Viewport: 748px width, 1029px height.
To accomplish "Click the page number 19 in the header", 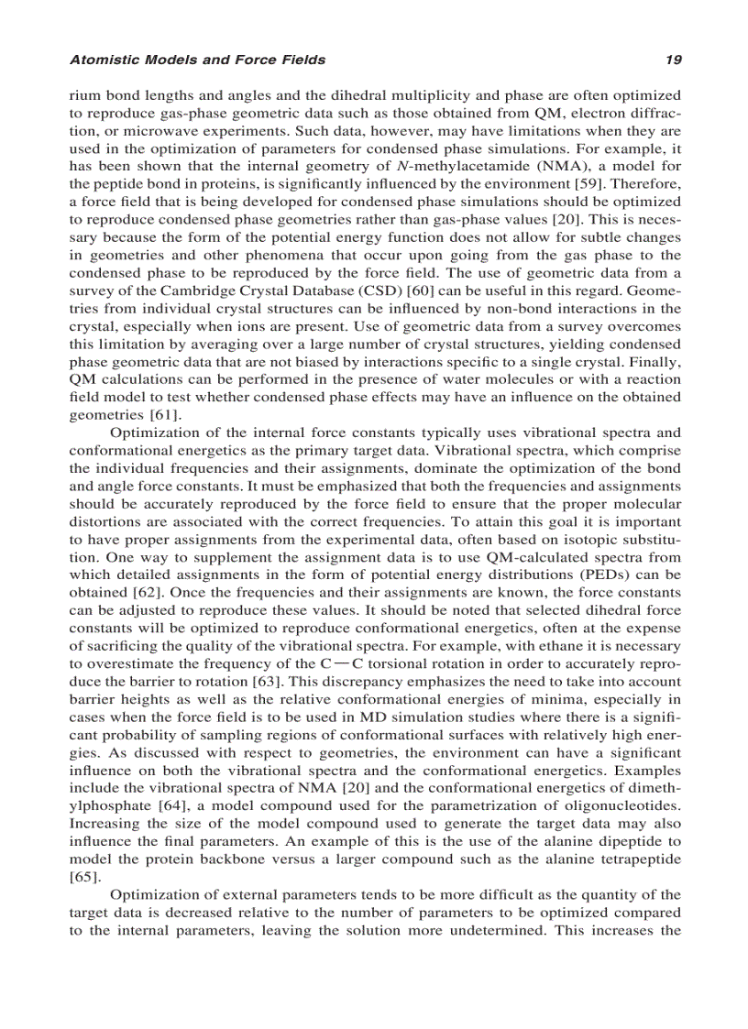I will (x=674, y=60).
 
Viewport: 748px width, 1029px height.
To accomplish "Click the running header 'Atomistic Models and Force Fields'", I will (x=197, y=60).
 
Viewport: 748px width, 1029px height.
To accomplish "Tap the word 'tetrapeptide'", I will (x=638, y=859).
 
